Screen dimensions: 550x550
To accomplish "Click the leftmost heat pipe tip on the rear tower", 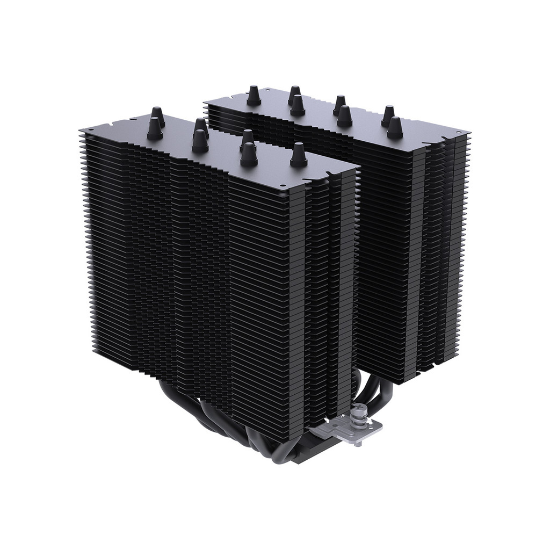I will (254, 97).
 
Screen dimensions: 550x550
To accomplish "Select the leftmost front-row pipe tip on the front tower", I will (155, 128).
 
